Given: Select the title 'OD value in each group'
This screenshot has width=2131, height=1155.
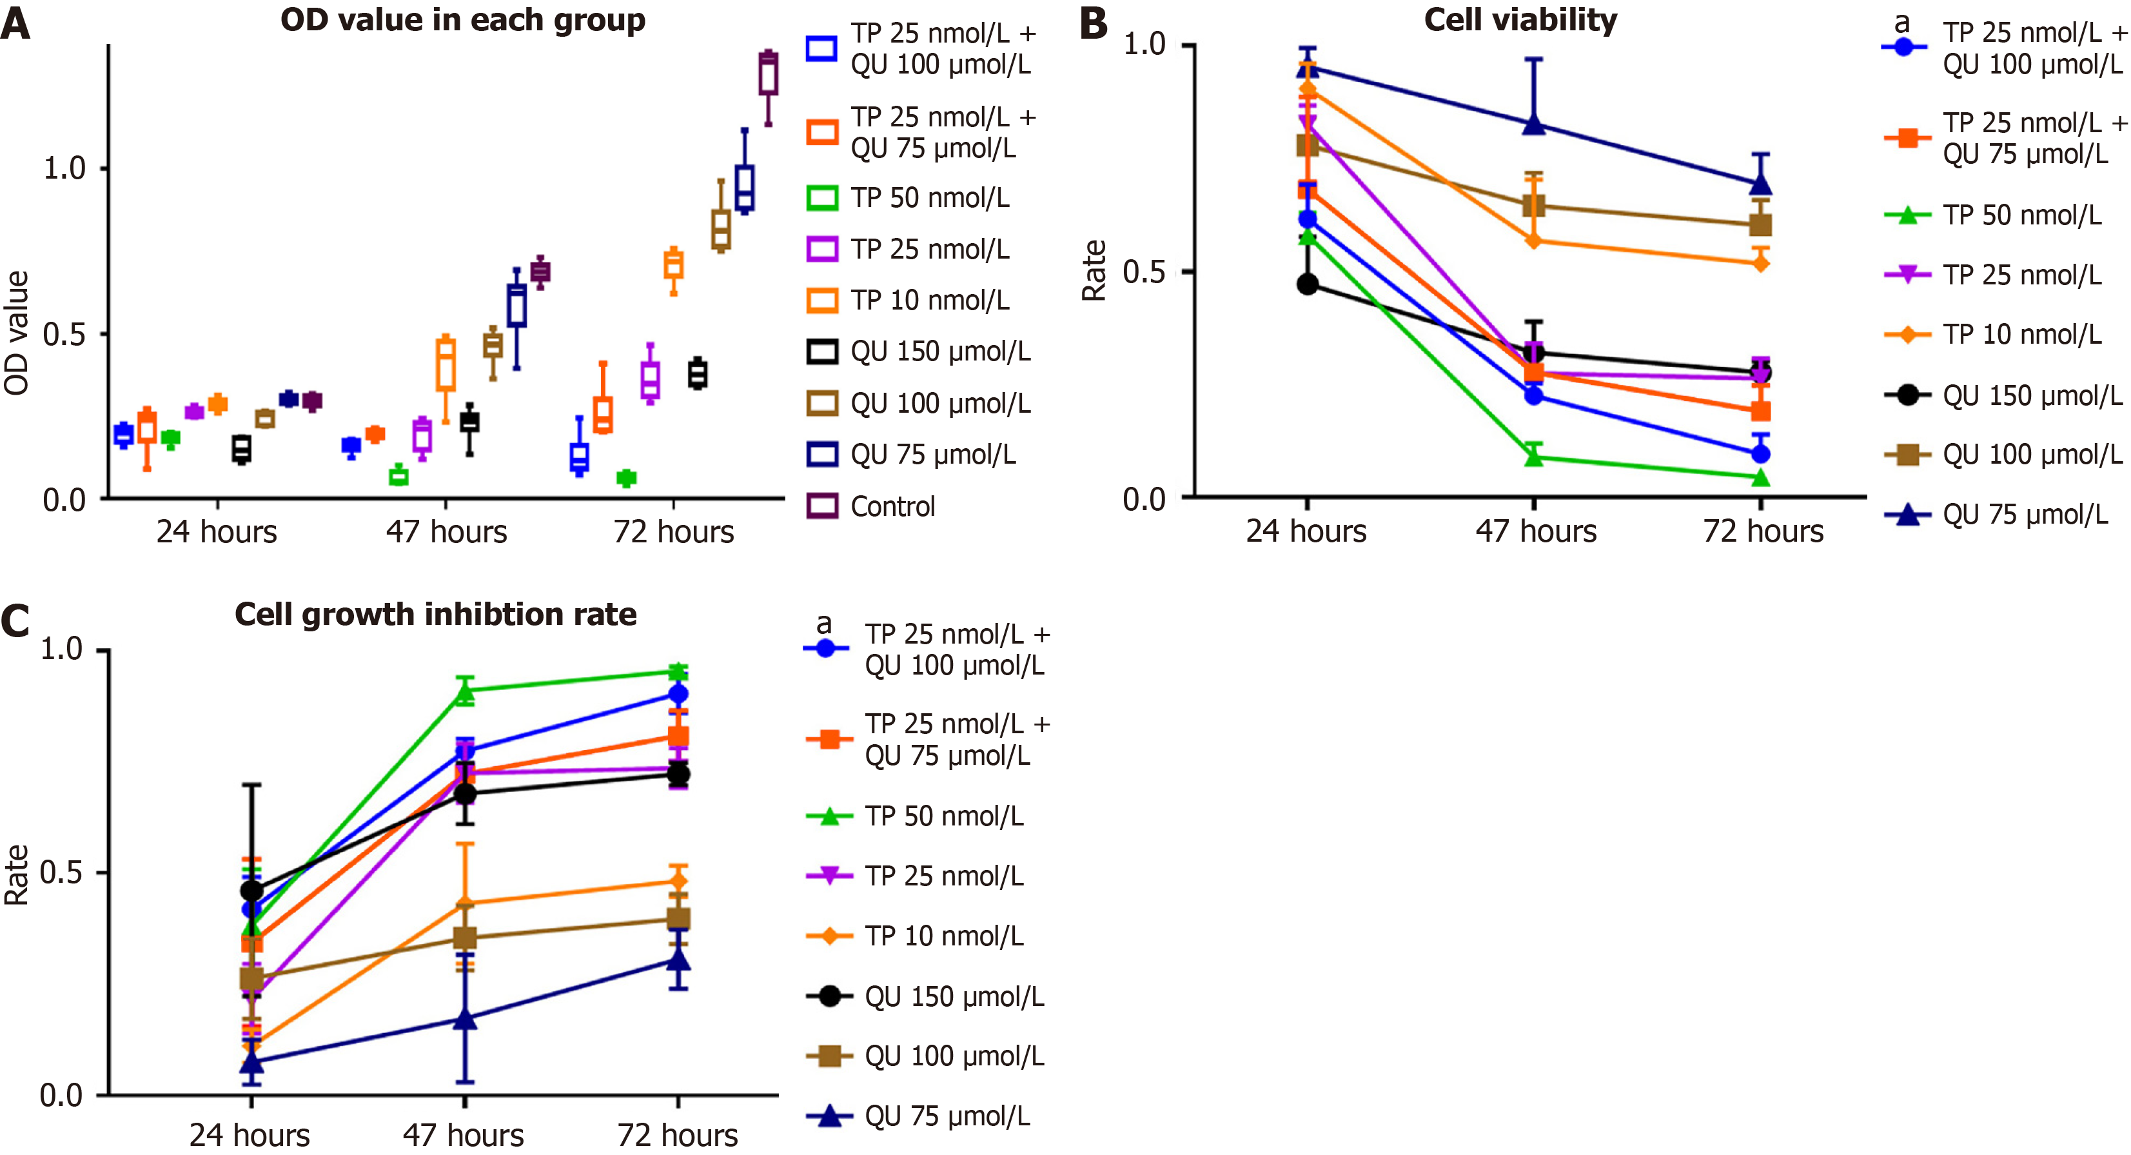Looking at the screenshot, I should [462, 20].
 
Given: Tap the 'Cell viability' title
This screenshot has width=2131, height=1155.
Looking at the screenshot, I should [1520, 20].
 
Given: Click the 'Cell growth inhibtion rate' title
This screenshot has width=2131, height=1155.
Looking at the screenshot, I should [435, 614].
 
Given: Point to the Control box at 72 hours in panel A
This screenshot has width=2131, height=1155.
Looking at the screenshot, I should [768, 74].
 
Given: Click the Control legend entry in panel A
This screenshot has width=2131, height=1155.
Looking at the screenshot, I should [892, 506].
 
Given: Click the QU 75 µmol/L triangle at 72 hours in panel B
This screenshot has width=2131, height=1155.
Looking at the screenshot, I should [1760, 184].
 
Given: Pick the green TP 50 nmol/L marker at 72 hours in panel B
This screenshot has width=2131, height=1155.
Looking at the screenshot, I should [1760, 477].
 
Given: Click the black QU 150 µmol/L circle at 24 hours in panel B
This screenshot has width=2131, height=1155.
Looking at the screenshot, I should [1307, 284].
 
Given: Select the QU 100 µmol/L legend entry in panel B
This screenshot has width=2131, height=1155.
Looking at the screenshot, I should [2031, 454].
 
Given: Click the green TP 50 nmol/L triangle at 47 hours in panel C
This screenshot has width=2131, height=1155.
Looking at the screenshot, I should [465, 693].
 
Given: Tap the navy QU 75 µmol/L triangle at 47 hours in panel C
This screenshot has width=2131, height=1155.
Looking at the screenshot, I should [465, 1018].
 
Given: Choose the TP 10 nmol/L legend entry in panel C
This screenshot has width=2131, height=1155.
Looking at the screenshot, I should [943, 936].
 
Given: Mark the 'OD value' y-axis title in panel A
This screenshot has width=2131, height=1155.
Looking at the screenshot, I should [17, 333].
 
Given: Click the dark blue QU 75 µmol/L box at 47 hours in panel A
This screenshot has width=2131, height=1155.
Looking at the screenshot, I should [517, 306].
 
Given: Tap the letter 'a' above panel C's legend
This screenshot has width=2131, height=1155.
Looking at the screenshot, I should [823, 624].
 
